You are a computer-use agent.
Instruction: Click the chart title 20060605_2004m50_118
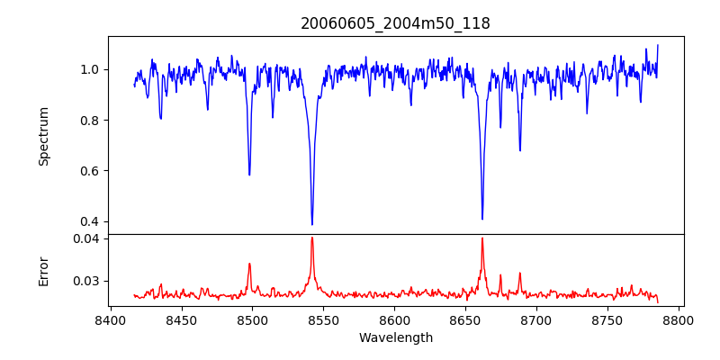click(x=395, y=23)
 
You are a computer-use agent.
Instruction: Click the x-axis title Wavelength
click(x=395, y=337)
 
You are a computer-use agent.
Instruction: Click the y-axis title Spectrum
click(x=43, y=136)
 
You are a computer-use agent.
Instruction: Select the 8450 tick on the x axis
click(x=181, y=319)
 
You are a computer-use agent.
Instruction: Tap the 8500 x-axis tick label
click(x=252, y=319)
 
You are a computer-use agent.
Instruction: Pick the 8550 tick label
click(x=323, y=319)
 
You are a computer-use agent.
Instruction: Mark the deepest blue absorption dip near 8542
click(x=312, y=224)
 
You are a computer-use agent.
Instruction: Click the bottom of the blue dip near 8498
click(x=249, y=175)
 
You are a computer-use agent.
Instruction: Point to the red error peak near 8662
click(x=482, y=238)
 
